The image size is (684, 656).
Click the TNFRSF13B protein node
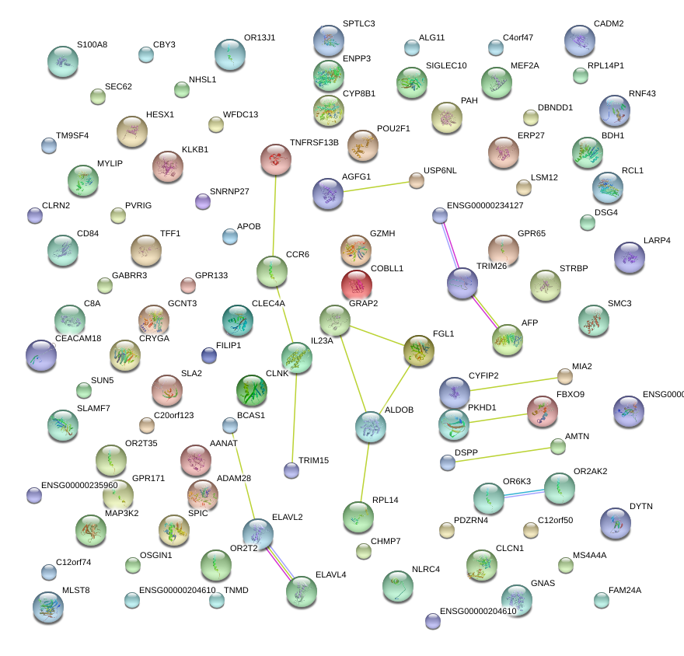pos(275,159)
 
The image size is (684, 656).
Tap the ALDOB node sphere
pos(371,425)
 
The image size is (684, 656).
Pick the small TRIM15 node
pos(291,469)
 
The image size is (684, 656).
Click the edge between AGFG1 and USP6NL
pos(372,187)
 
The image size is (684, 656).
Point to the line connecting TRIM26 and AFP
pos(485,311)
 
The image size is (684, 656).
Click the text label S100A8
pos(92,44)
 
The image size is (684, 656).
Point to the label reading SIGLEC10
pos(446,65)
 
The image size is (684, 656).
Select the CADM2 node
pos(579,41)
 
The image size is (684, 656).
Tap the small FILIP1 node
pos(209,355)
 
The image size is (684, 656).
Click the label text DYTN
pos(640,506)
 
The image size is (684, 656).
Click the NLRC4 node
pos(398,585)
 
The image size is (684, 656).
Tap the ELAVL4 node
pos(302,591)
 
